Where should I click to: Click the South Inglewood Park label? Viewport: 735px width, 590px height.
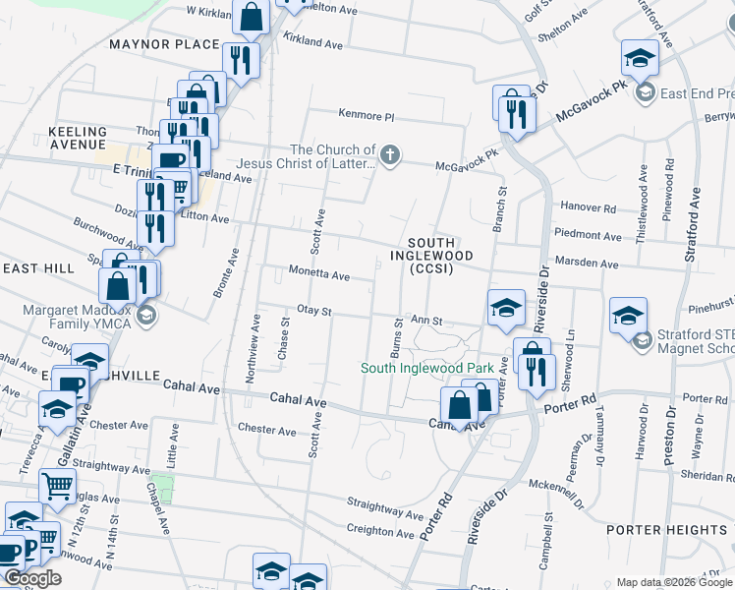[426, 369]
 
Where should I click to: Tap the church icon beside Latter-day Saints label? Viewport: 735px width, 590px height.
[391, 155]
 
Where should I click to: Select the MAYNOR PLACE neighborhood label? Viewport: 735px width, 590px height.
[164, 45]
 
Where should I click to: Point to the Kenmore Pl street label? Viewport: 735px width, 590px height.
[366, 115]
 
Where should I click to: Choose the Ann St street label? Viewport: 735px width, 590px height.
[427, 321]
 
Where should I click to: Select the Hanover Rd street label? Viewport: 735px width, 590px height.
[588, 208]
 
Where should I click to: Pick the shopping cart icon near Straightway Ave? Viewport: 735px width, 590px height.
[58, 484]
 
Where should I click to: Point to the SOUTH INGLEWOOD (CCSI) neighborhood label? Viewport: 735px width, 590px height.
[431, 256]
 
